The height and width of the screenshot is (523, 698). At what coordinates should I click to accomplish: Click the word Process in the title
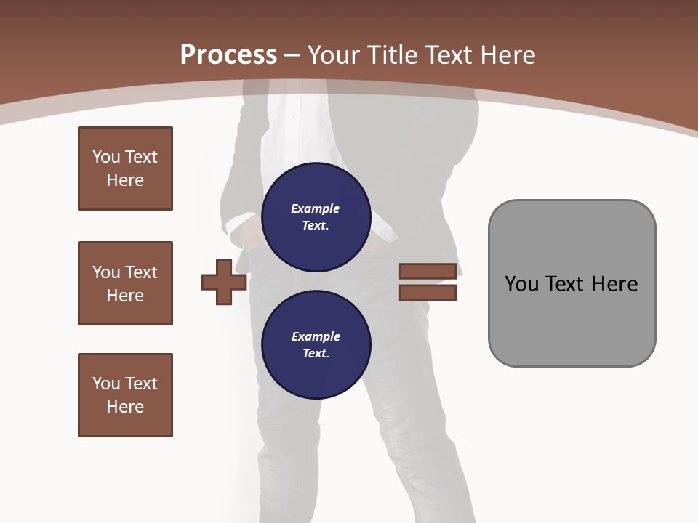point(228,54)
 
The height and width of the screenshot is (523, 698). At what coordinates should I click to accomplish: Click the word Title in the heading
point(393,55)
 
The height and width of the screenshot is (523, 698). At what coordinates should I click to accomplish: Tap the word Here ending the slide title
point(507,55)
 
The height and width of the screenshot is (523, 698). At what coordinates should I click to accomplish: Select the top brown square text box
point(125,169)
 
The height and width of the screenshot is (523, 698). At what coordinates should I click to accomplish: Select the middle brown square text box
point(125,283)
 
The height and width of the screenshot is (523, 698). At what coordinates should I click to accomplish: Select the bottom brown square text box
point(125,395)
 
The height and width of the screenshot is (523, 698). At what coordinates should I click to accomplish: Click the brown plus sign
point(224,283)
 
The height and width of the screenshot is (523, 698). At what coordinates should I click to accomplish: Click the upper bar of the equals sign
point(428,272)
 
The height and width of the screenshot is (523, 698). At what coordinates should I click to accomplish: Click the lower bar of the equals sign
point(428,293)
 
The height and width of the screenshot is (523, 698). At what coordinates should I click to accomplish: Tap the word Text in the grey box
point(566,284)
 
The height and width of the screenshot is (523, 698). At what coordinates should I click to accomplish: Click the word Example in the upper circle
point(315,208)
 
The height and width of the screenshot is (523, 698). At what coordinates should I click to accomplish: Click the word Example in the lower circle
point(316,336)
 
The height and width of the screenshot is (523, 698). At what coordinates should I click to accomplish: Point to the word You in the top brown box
point(105,157)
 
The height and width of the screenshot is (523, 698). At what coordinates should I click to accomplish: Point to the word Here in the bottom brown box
point(125,407)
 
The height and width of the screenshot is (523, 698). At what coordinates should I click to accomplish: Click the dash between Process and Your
point(292,55)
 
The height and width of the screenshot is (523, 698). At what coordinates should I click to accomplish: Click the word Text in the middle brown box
point(140,272)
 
